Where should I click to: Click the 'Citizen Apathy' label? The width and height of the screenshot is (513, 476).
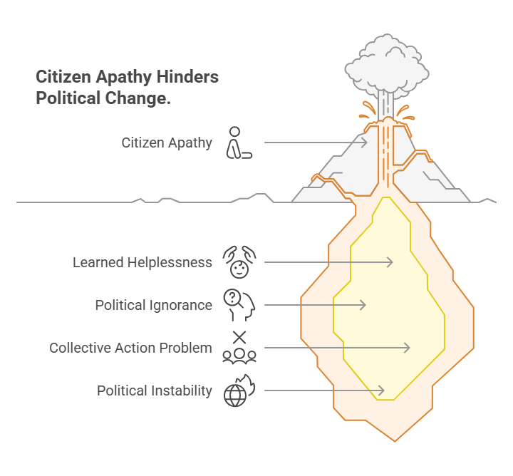tap(167, 143)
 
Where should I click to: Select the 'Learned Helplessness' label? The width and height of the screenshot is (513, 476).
tap(142, 262)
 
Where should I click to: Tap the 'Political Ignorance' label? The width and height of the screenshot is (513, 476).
tap(154, 305)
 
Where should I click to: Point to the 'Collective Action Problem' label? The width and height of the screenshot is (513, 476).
tap(131, 348)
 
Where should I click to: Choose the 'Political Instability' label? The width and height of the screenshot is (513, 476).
tap(155, 390)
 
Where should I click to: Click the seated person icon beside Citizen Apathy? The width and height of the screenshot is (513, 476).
tap(239, 143)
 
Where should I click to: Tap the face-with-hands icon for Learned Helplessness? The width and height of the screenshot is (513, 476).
tap(239, 262)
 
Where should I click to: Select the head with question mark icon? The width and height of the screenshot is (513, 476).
tap(239, 305)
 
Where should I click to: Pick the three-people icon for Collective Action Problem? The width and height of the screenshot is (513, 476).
tap(239, 356)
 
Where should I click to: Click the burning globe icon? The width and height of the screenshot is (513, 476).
tap(239, 390)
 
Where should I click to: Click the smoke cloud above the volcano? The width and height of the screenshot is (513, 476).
tap(387, 66)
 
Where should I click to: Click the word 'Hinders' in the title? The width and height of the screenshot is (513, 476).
tap(187, 77)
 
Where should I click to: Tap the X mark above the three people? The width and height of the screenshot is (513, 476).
tap(239, 338)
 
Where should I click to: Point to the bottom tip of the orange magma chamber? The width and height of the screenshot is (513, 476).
tap(395, 441)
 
